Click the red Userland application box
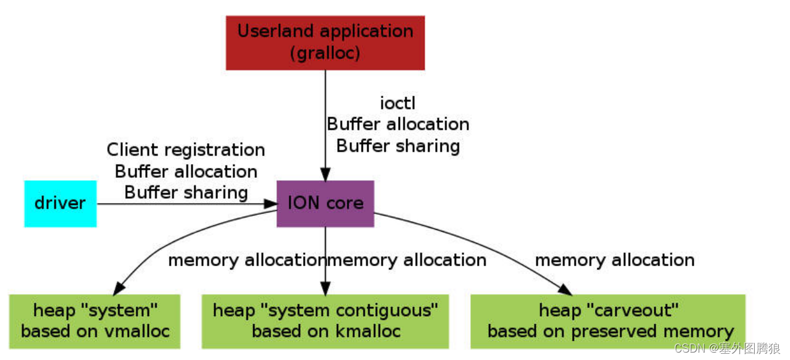[x=325, y=43]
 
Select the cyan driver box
[x=60, y=203]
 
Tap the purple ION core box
[x=325, y=203]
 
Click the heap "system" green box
[x=95, y=320]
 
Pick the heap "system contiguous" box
[x=326, y=320]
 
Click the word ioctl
[x=397, y=103]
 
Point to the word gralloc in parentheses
[x=325, y=53]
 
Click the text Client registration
[x=186, y=150]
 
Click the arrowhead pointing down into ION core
[x=325, y=174]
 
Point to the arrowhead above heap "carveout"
[x=565, y=290]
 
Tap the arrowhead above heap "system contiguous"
[x=325, y=288]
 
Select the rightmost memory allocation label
[x=615, y=260]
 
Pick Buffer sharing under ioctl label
[x=398, y=146]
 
